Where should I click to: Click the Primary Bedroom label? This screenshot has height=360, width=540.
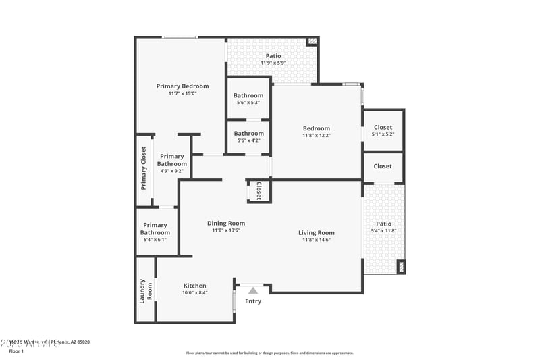(x=182, y=86)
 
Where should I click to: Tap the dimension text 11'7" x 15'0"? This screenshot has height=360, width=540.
(x=182, y=93)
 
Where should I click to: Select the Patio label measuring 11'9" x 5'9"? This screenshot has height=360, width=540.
(x=273, y=56)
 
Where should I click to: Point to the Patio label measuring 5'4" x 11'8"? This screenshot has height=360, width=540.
(x=383, y=224)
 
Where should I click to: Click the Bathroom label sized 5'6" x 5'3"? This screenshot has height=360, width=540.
(x=248, y=95)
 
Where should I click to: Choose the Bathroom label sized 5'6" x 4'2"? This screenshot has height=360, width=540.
(x=248, y=133)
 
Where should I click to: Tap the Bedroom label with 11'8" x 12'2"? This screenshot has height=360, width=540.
(x=316, y=128)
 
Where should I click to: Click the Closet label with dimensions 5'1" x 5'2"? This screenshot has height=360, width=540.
(x=383, y=127)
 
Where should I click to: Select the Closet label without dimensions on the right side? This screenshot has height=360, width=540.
(x=383, y=165)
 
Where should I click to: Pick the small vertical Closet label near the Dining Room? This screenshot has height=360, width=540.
(x=258, y=190)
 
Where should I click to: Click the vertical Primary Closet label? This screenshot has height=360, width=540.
(x=143, y=168)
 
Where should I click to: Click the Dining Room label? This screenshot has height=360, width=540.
(x=226, y=223)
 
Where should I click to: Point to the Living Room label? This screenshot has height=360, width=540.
(x=317, y=233)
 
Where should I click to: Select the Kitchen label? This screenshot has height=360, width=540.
(x=195, y=286)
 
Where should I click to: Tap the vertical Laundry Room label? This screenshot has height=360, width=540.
(x=146, y=290)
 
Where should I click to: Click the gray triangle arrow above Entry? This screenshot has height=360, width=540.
(x=253, y=290)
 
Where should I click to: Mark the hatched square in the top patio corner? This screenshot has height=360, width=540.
(x=312, y=42)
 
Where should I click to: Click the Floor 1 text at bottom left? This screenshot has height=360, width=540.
(x=16, y=351)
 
